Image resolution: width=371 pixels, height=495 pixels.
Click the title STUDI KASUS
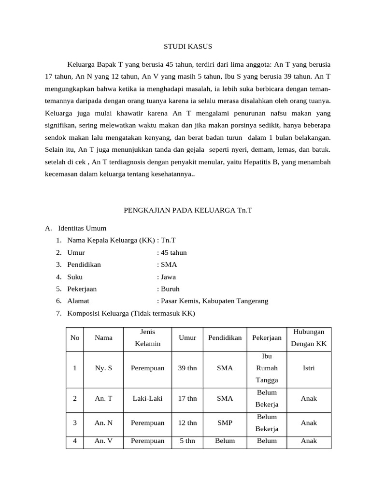186,46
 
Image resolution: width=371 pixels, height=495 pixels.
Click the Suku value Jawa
168,277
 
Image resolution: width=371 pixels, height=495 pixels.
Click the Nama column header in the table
103,337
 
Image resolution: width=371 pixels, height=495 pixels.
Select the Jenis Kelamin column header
147,337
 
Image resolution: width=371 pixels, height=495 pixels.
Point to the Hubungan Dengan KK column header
309,337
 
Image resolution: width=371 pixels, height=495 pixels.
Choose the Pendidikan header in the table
225,337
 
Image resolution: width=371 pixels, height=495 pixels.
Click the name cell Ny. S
103,368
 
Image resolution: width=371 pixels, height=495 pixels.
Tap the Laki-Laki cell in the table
147,398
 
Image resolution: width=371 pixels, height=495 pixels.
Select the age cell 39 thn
187,368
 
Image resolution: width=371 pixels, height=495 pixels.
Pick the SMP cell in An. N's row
225,422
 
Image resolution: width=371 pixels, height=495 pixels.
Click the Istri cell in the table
309,368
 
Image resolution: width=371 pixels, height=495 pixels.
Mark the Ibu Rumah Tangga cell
267,368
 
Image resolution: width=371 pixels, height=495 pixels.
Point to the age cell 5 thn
187,440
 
